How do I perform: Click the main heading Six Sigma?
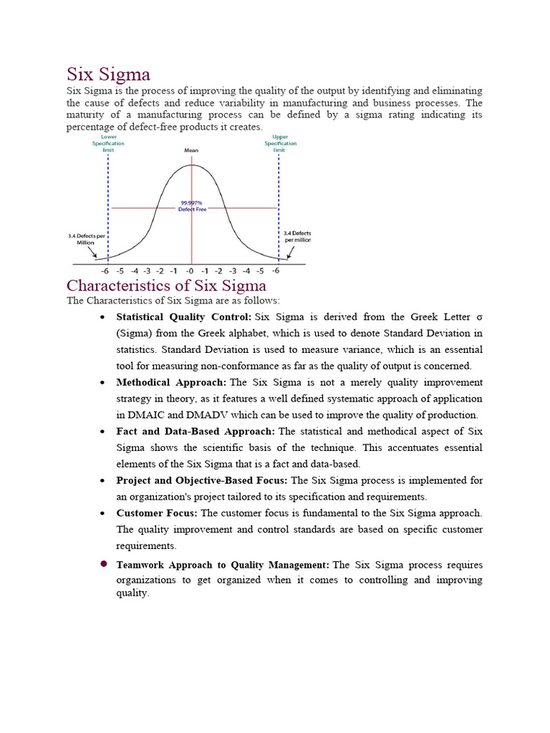tap(108, 74)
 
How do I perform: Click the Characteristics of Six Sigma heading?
tap(166, 286)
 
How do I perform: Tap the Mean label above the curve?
tap(191, 151)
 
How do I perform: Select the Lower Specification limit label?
tap(108, 143)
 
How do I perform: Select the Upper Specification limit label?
tap(279, 143)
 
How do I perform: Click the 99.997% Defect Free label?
tap(191, 206)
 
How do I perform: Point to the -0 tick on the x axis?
tap(190, 271)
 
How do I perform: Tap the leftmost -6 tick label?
tap(105, 271)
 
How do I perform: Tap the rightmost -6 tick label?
tap(275, 271)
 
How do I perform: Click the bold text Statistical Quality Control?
tap(183, 316)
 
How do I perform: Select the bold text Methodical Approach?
tap(171, 382)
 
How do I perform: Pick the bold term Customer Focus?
tap(157, 513)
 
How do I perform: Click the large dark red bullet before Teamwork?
tap(103, 564)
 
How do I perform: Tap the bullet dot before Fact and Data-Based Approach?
tap(103, 432)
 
